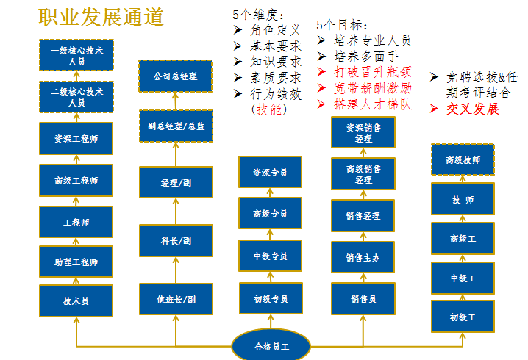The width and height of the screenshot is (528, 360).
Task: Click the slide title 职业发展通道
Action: point(101,17)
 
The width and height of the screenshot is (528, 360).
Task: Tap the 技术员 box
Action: point(76,300)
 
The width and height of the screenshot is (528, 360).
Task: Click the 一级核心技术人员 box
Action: point(76,55)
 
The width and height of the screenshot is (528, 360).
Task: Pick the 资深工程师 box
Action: point(76,138)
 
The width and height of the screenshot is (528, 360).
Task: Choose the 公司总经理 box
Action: point(175,76)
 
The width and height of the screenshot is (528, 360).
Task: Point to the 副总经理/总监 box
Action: point(175,126)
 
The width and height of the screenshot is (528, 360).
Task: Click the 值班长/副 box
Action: point(175,300)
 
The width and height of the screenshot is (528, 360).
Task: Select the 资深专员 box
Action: point(270,172)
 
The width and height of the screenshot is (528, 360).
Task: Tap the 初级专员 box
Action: point(270,299)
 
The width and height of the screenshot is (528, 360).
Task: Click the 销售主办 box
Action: point(363,258)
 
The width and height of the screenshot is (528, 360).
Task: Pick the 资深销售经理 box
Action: point(363,132)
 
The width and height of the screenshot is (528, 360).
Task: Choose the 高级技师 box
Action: point(463,159)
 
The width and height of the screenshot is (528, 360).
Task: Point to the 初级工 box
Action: point(463,317)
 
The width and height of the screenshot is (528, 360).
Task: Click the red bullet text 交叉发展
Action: point(473,109)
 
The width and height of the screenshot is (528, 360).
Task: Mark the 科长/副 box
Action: point(175,240)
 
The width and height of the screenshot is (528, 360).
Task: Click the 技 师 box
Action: point(463,200)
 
